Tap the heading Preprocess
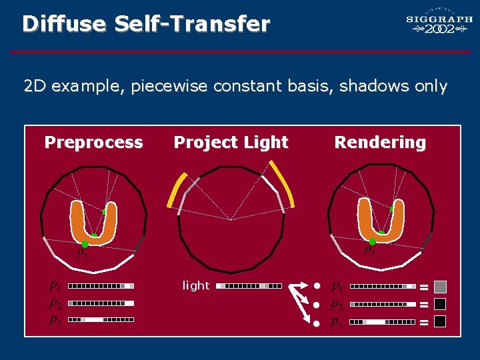click(x=93, y=142)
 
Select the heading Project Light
click(x=231, y=142)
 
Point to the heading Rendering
click(x=380, y=142)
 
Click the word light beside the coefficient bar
click(x=196, y=285)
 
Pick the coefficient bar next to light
click(x=249, y=286)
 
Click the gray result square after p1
click(x=440, y=287)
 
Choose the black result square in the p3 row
click(x=440, y=321)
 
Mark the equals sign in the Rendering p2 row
click(x=423, y=305)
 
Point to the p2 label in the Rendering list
click(x=337, y=304)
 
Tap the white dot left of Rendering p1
click(x=317, y=286)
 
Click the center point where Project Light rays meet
click(x=231, y=219)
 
